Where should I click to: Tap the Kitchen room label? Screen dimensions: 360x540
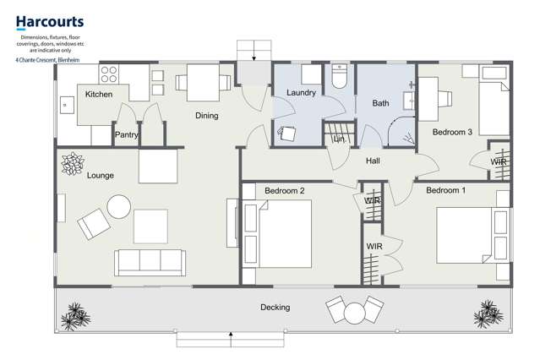pyautogui.click(x=99, y=95)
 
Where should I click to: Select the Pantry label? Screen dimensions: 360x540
pyautogui.click(x=126, y=134)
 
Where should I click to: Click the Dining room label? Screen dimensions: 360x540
pyautogui.click(x=206, y=116)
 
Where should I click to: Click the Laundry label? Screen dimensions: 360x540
pyautogui.click(x=300, y=92)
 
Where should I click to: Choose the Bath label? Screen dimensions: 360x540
pyautogui.click(x=380, y=103)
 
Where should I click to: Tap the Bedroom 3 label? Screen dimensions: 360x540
pyautogui.click(x=452, y=133)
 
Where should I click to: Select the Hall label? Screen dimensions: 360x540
pyautogui.click(x=375, y=161)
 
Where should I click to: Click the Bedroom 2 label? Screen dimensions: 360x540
pyautogui.click(x=284, y=191)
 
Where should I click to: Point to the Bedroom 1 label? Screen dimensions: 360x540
pyautogui.click(x=445, y=191)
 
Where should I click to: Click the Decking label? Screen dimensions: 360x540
pyautogui.click(x=275, y=308)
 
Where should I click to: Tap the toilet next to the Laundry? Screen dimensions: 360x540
pyautogui.click(x=340, y=79)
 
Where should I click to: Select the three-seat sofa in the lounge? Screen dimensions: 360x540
pyautogui.click(x=150, y=263)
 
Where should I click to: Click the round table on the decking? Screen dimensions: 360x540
pyautogui.click(x=353, y=314)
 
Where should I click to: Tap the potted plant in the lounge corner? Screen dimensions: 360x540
pyautogui.click(x=74, y=161)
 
